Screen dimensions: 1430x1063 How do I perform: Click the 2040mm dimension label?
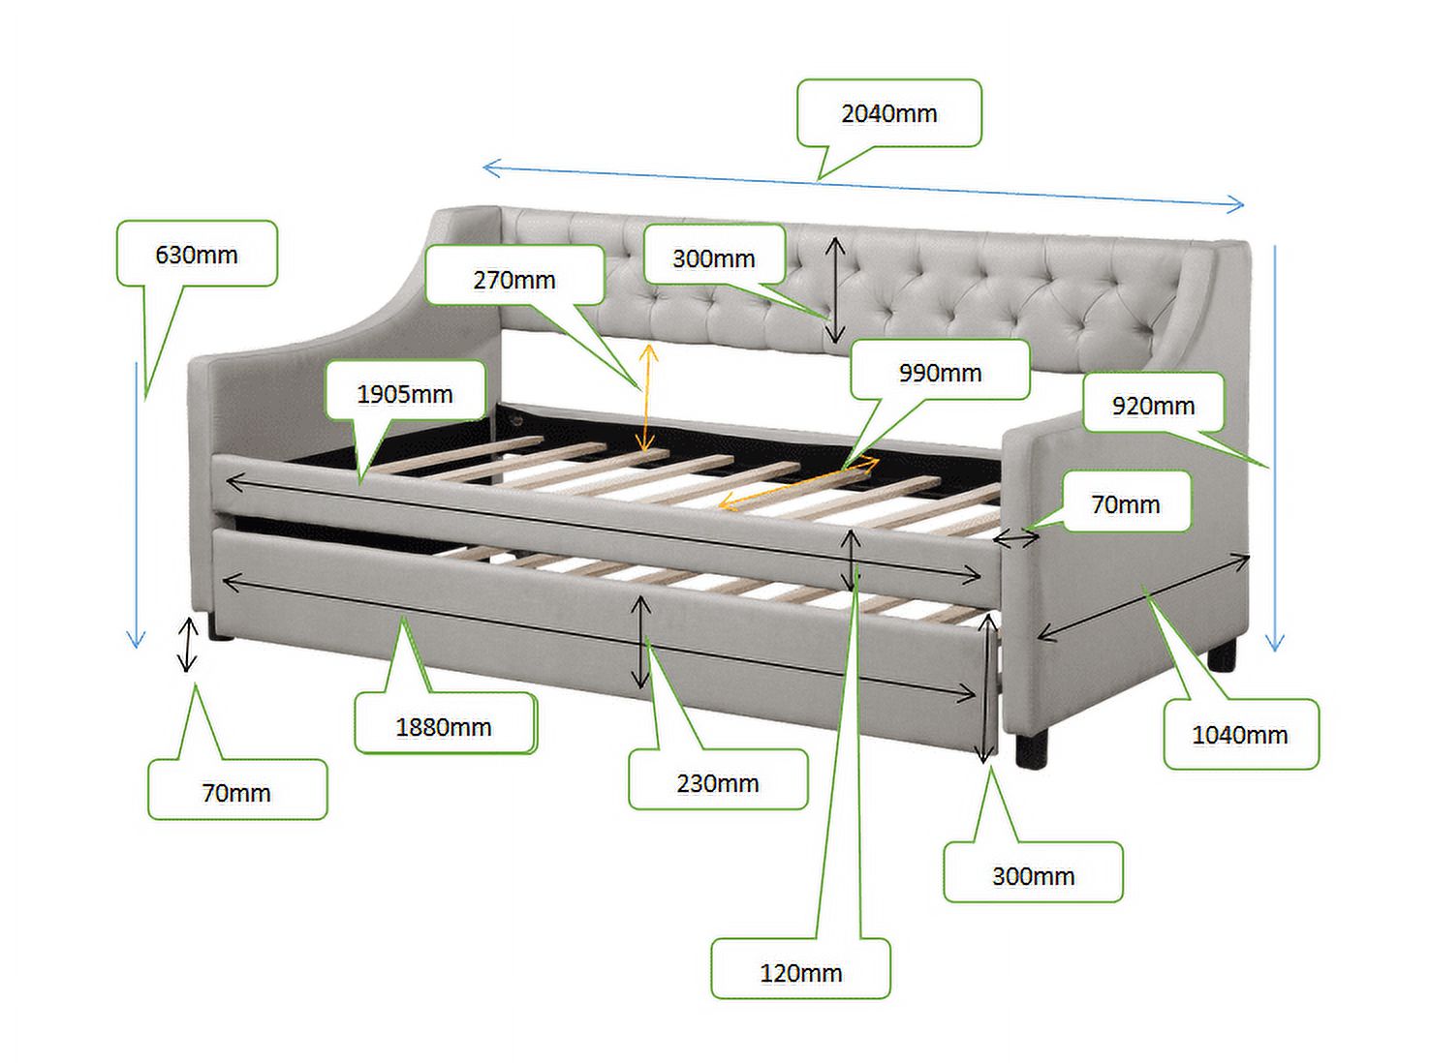click(888, 113)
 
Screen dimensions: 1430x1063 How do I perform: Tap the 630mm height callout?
click(197, 254)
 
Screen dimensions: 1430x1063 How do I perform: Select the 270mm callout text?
click(514, 280)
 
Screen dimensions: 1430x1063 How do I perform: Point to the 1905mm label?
click(405, 394)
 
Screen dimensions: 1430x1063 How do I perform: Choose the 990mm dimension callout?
click(940, 372)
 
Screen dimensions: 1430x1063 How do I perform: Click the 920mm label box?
click(1153, 406)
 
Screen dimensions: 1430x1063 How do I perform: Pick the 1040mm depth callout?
click(1240, 734)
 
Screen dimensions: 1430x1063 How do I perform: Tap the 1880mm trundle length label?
click(445, 727)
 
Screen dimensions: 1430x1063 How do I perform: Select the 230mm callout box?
click(718, 783)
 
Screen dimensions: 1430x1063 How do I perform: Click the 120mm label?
click(801, 972)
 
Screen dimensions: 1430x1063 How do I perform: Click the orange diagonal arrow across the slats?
click(799, 483)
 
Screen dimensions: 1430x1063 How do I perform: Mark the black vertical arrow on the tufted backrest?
click(835, 289)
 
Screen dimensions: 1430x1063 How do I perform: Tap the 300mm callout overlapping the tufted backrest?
click(714, 258)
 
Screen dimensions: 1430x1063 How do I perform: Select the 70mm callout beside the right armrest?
click(1126, 503)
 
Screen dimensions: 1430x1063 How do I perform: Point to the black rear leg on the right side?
click(1222, 655)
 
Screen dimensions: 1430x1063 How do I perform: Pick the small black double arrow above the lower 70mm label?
click(188, 644)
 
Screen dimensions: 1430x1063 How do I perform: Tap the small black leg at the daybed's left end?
click(220, 629)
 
